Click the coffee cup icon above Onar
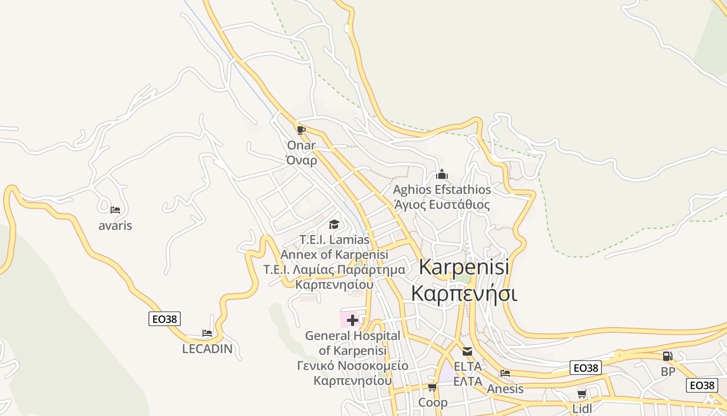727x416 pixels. point(301,129)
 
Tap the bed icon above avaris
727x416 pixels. point(115,210)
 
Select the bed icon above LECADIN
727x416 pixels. point(207,333)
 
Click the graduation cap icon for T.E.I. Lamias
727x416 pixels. point(334,224)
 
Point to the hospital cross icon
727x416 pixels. point(352,320)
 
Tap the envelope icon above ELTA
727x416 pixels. point(467,352)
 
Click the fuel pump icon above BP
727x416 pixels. point(667,356)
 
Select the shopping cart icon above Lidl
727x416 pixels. point(582,394)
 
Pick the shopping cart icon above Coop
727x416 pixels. point(432,387)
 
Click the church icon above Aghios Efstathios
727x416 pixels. point(442,174)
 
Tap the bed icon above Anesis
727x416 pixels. point(505,373)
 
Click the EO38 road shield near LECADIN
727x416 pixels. point(165,319)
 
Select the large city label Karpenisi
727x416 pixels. point(464,267)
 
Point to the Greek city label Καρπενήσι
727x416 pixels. point(464,293)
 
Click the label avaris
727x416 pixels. point(115,226)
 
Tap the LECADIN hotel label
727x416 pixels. point(207,349)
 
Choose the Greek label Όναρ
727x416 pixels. point(301,160)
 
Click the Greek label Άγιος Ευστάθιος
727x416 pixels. point(442,205)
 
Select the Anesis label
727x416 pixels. point(505,389)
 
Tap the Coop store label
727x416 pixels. point(433,402)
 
